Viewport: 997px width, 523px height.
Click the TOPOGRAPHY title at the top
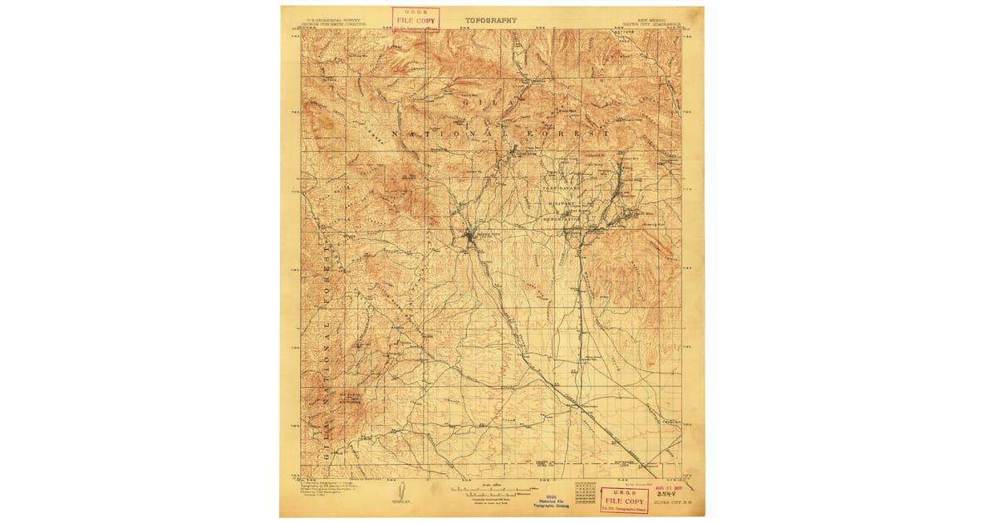490,20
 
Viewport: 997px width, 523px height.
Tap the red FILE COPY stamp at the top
415,19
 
